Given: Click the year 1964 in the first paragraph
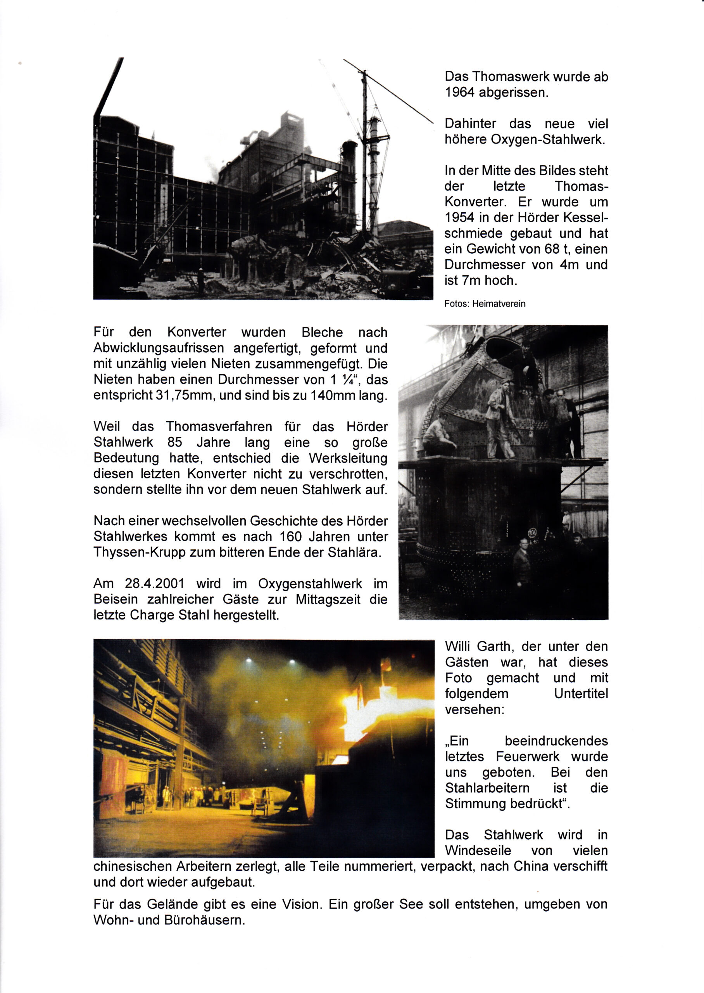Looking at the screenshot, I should click(x=460, y=93).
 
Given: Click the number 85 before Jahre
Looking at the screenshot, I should click(x=175, y=442).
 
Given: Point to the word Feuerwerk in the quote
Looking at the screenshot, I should click(x=528, y=756).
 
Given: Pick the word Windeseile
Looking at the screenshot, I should click(x=478, y=850).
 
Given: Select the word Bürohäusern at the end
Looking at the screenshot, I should click(x=204, y=920).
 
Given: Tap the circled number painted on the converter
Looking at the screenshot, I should click(x=532, y=533).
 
